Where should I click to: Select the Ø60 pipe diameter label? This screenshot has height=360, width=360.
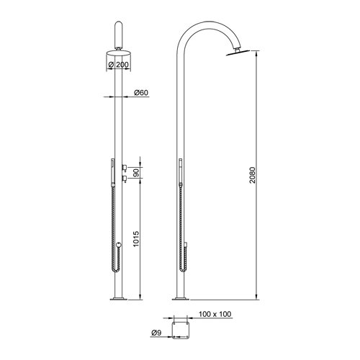[141, 93]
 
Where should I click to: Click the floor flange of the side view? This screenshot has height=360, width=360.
[179, 298]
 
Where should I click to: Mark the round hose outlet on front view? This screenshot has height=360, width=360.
[120, 245]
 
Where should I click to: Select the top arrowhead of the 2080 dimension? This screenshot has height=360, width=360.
[258, 54]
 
